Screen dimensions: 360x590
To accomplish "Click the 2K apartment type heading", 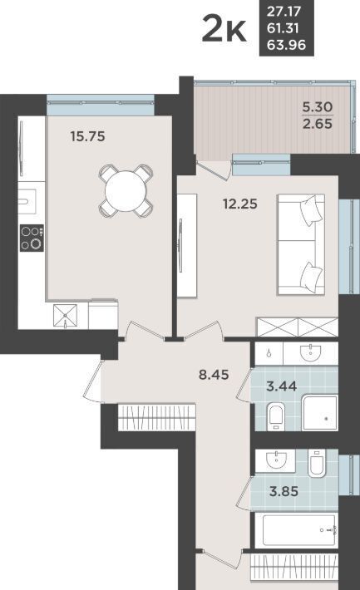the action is coord(224,28).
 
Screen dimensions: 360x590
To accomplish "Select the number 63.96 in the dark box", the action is coord(286,45).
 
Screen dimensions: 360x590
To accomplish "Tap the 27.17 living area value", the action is coord(284,12).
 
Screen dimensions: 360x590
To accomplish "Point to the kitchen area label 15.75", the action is coord(88,136).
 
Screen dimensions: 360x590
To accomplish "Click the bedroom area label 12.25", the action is coord(240,204).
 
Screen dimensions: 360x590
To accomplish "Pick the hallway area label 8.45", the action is coord(214,375).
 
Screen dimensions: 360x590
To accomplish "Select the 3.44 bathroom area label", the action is coord(281,386).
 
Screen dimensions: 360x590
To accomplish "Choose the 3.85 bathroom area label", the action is coord(284,491).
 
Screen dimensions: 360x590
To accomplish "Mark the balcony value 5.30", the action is coord(318,107).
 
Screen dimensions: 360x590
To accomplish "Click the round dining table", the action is coord(126,191).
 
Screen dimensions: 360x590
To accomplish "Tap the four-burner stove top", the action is coord(32,238).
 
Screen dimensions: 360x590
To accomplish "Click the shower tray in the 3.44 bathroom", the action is coord(320,413).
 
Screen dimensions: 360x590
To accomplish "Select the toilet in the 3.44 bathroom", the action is coord(276,417).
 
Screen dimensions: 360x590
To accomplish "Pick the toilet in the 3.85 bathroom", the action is coord(316,463).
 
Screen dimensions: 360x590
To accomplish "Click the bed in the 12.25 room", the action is coord(301,244).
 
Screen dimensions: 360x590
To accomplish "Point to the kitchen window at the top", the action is coord(101,105).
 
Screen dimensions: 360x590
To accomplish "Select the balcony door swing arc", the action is coord(215,168).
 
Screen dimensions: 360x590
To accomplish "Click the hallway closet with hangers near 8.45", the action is coord(156,417).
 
